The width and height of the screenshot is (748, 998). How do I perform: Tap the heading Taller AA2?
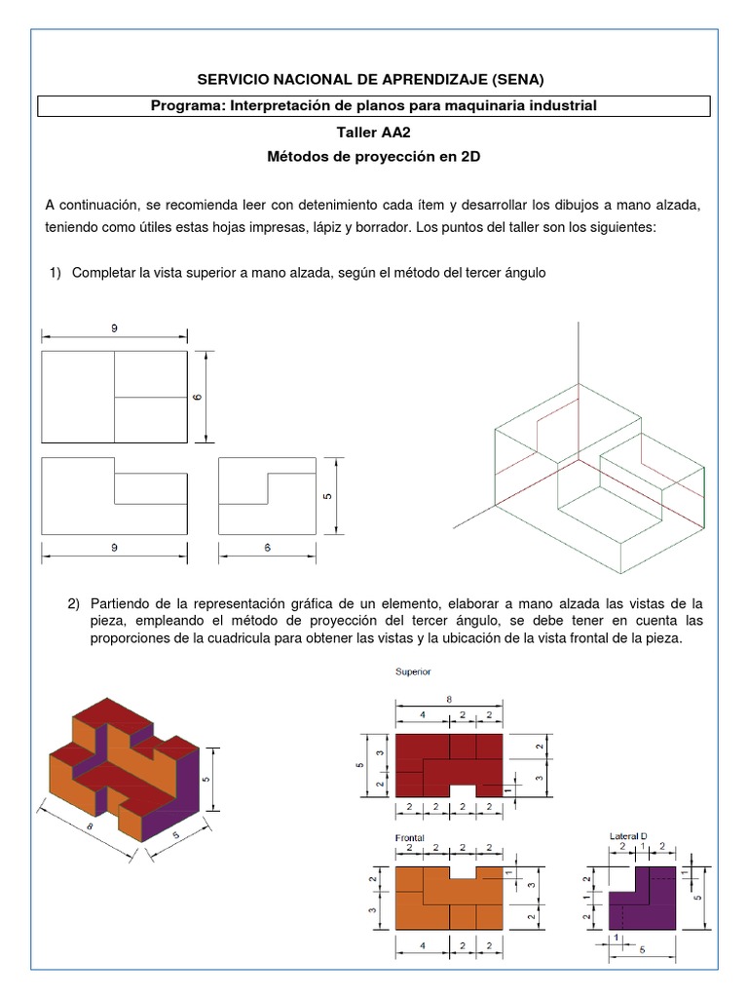pyautogui.click(x=374, y=134)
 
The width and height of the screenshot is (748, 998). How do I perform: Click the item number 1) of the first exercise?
pyautogui.click(x=56, y=273)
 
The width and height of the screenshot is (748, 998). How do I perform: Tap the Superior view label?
pyautogui.click(x=412, y=672)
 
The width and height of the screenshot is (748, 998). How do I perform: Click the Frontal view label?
pyautogui.click(x=410, y=837)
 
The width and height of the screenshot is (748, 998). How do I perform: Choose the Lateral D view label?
pyautogui.click(x=627, y=836)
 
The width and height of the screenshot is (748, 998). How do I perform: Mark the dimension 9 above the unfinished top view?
pyautogui.click(x=114, y=330)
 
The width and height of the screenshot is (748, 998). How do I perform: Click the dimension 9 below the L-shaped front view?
pyautogui.click(x=114, y=549)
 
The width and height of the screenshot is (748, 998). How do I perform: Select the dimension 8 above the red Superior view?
pyautogui.click(x=448, y=699)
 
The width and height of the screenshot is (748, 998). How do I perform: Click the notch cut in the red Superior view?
pyautogui.click(x=463, y=789)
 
